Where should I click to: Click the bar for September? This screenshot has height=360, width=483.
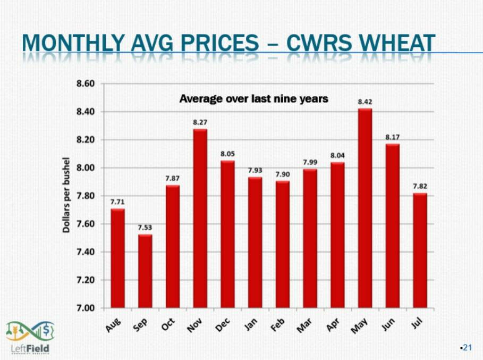(145, 271)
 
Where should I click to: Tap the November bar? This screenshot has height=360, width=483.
(200, 219)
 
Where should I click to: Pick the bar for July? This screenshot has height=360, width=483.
(420, 250)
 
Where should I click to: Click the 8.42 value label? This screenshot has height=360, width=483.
(365, 101)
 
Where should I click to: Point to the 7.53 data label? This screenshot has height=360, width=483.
(145, 227)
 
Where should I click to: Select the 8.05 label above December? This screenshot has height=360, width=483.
(227, 153)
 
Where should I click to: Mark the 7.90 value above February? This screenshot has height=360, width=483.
(282, 174)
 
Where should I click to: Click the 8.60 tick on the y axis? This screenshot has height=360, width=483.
(86, 84)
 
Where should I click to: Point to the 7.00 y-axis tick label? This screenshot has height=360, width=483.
(86, 308)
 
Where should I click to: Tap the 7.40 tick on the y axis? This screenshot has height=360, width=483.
(86, 252)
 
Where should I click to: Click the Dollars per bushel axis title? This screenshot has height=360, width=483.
(66, 195)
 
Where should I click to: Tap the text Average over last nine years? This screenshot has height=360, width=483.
(253, 99)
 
